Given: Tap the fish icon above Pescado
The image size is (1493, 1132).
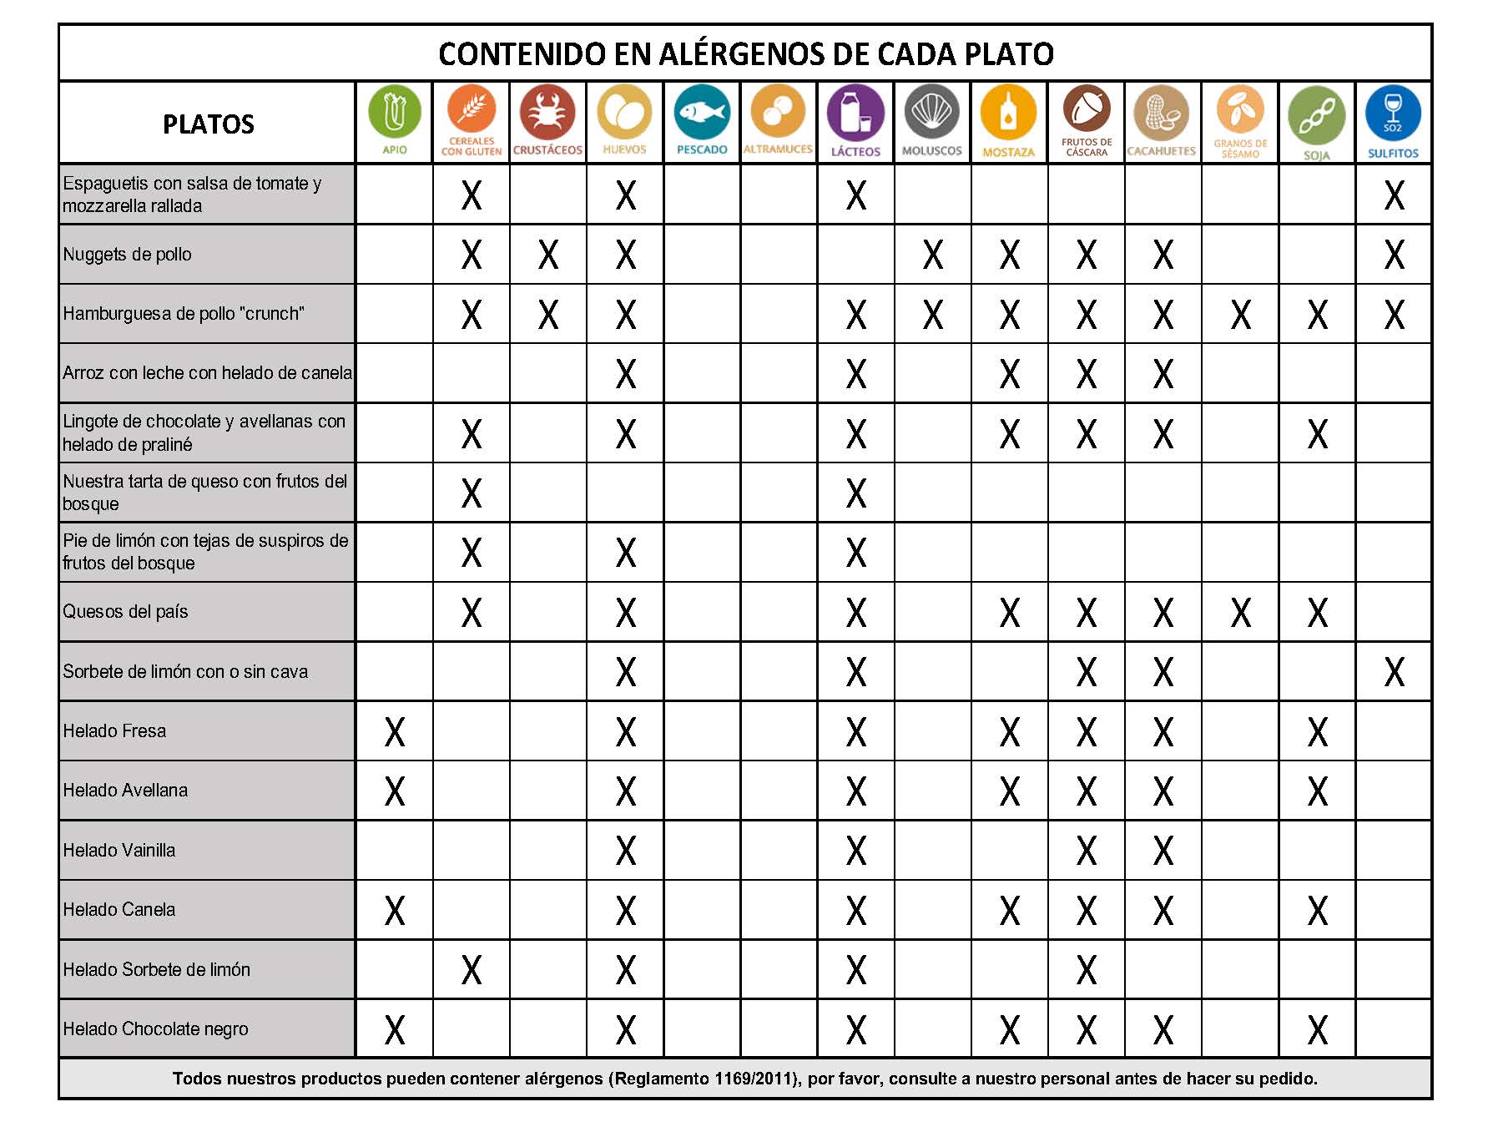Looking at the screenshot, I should click(702, 113).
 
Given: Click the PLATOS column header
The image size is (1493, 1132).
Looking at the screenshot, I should click(208, 124).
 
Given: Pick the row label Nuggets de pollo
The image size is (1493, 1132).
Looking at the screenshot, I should click(128, 255).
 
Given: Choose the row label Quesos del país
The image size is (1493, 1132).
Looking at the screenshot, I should click(126, 612).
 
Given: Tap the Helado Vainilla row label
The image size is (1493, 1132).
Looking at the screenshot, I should click(119, 851).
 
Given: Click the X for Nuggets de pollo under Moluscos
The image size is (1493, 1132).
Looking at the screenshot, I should click(932, 255).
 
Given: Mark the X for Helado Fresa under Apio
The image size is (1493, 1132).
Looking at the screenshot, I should click(395, 732).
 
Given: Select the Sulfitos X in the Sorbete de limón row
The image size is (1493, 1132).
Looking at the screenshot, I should click(1394, 672).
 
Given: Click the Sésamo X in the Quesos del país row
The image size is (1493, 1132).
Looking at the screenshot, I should click(1240, 613).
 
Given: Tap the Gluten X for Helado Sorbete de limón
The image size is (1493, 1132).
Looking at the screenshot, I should click(472, 970).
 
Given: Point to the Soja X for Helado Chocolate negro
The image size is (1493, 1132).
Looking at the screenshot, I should click(1317, 1030).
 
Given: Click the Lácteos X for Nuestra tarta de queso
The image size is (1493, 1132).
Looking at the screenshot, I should click(856, 493).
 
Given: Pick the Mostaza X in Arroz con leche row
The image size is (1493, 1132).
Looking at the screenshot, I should click(1010, 374).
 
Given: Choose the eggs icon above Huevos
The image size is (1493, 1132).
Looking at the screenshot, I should click(625, 113).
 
